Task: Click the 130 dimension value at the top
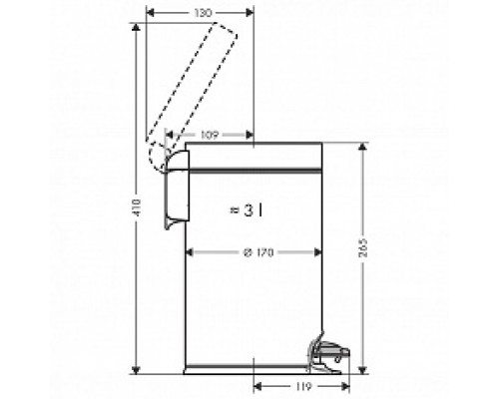(x=202, y=13)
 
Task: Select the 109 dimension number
(x=210, y=135)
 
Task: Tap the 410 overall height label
(x=136, y=206)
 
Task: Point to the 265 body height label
(x=363, y=247)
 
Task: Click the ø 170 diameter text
(x=258, y=252)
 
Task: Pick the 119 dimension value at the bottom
(x=302, y=387)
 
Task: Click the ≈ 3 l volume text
(x=247, y=210)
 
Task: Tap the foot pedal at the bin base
(x=328, y=354)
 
